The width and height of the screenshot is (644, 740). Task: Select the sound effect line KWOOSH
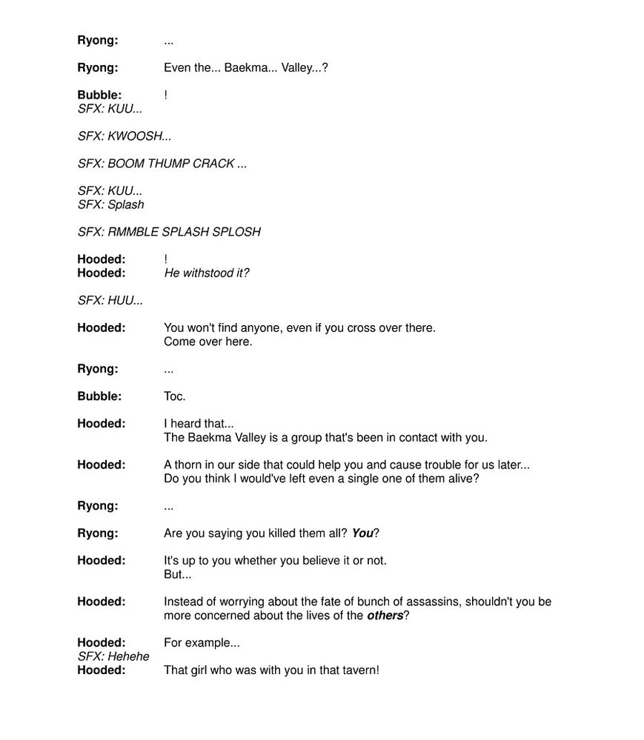point(125,136)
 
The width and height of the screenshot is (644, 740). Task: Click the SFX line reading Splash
point(111,204)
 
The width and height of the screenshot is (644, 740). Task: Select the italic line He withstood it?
point(206,273)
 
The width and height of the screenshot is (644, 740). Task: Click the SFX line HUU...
point(110,301)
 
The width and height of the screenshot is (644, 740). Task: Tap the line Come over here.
point(208,341)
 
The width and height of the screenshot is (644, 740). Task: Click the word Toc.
point(175,396)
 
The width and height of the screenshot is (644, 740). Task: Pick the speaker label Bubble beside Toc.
point(99,396)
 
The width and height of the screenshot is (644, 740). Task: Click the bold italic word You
point(362,533)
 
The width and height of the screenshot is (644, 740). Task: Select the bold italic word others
point(385,616)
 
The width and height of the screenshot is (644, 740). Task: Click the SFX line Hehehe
point(113,656)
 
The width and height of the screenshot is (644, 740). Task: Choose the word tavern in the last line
point(359,670)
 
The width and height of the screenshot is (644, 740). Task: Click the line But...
point(177,575)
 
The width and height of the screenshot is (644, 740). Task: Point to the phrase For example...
point(202,643)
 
